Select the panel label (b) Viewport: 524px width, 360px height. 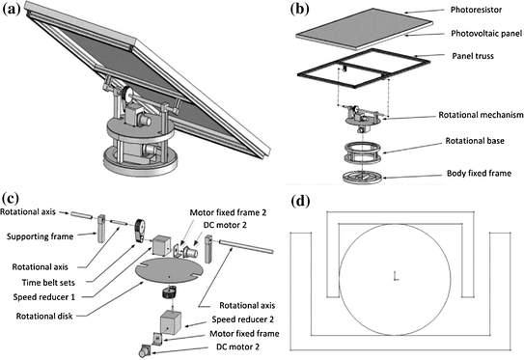coord(301,13)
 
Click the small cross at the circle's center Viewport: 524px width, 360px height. coord(396,278)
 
